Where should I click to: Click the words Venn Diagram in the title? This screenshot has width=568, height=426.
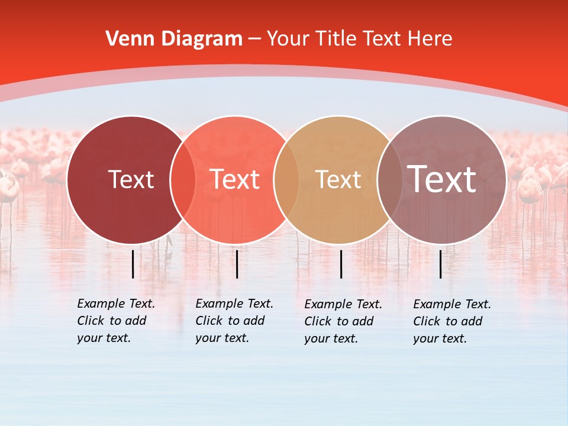pyautogui.click(x=174, y=39)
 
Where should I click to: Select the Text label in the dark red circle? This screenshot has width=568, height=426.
pyautogui.click(x=131, y=179)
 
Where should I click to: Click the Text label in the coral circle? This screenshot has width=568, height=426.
pyautogui.click(x=234, y=179)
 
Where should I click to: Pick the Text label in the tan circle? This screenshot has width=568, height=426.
pyautogui.click(x=338, y=179)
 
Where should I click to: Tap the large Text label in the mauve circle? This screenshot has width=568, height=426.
pyautogui.click(x=441, y=179)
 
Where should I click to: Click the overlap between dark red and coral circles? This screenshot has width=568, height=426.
pyautogui.click(x=183, y=179)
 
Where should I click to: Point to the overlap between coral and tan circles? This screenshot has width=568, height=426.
pyautogui.click(x=286, y=179)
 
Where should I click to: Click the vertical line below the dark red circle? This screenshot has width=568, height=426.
pyautogui.click(x=133, y=264)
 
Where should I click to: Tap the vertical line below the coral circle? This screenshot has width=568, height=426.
pyautogui.click(x=237, y=264)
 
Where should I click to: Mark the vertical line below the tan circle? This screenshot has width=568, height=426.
pyautogui.click(x=341, y=264)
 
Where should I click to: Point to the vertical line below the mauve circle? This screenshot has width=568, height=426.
pyautogui.click(x=441, y=264)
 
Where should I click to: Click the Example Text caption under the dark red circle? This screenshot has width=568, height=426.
pyautogui.click(x=115, y=321)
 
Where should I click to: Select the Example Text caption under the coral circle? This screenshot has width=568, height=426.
pyautogui.click(x=234, y=321)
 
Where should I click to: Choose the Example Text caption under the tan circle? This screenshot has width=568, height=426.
pyautogui.click(x=343, y=321)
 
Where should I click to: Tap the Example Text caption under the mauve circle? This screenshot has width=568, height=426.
pyautogui.click(x=451, y=321)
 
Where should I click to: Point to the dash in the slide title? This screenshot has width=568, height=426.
pyautogui.click(x=254, y=39)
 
